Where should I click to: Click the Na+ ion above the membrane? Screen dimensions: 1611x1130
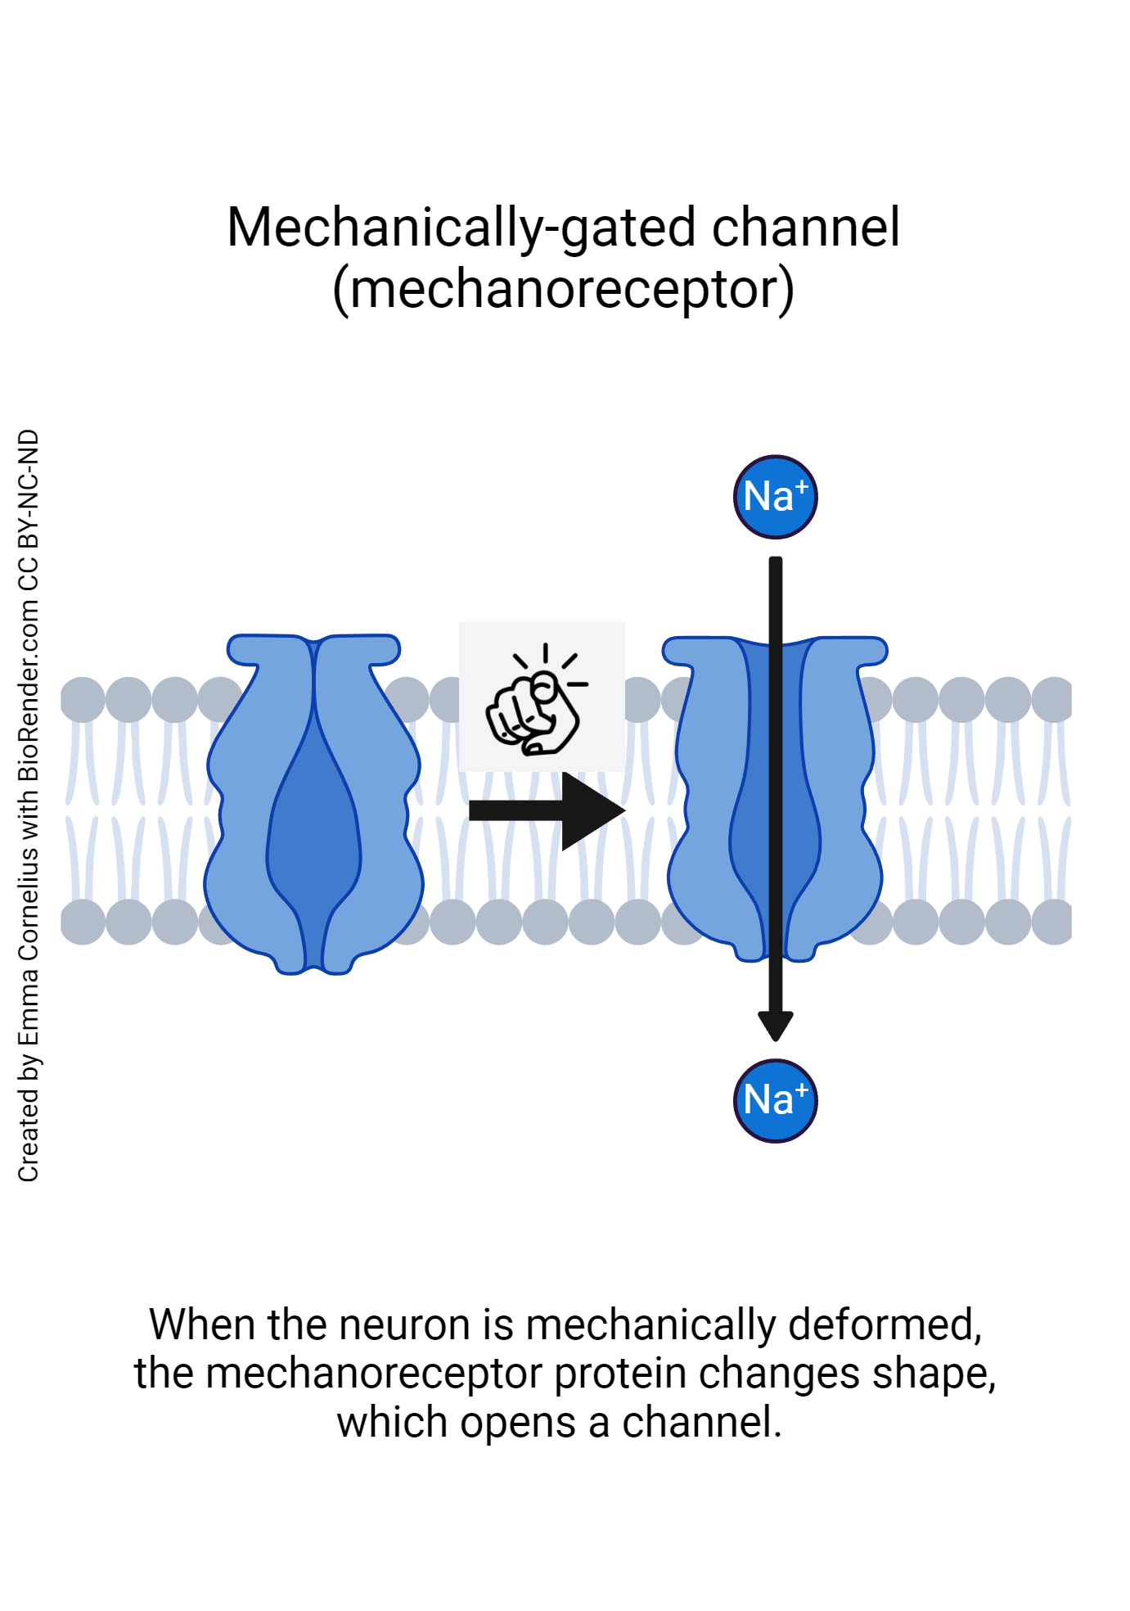pos(775,497)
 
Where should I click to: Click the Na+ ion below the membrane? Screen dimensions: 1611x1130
pos(775,1100)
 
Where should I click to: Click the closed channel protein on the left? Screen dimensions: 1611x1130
pos(245,819)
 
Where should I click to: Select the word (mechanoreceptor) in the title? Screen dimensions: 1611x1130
pos(563,290)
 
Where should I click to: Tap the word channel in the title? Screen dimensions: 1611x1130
pos(805,228)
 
